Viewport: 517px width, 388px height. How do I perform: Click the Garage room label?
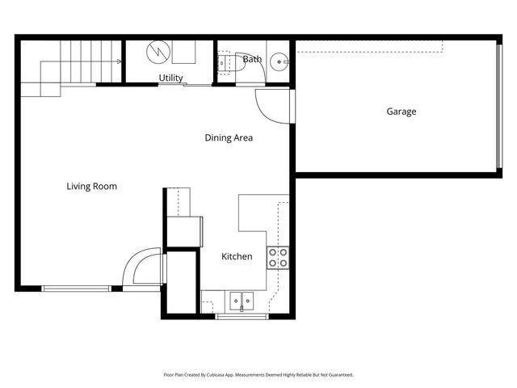point(401,112)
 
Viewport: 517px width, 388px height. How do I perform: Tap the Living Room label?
point(91,187)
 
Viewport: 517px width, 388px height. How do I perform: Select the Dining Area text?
point(228,138)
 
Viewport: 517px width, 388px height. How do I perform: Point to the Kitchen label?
point(237,257)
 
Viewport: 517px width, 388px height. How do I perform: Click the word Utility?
point(170,78)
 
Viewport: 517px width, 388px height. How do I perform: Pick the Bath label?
point(252,59)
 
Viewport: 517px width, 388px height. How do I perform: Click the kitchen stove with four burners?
point(278,258)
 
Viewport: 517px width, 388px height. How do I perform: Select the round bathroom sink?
point(279,60)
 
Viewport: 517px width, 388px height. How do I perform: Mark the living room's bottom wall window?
point(76,288)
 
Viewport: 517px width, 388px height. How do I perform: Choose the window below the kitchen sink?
point(242,316)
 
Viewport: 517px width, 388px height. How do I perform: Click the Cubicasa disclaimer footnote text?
point(258,374)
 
